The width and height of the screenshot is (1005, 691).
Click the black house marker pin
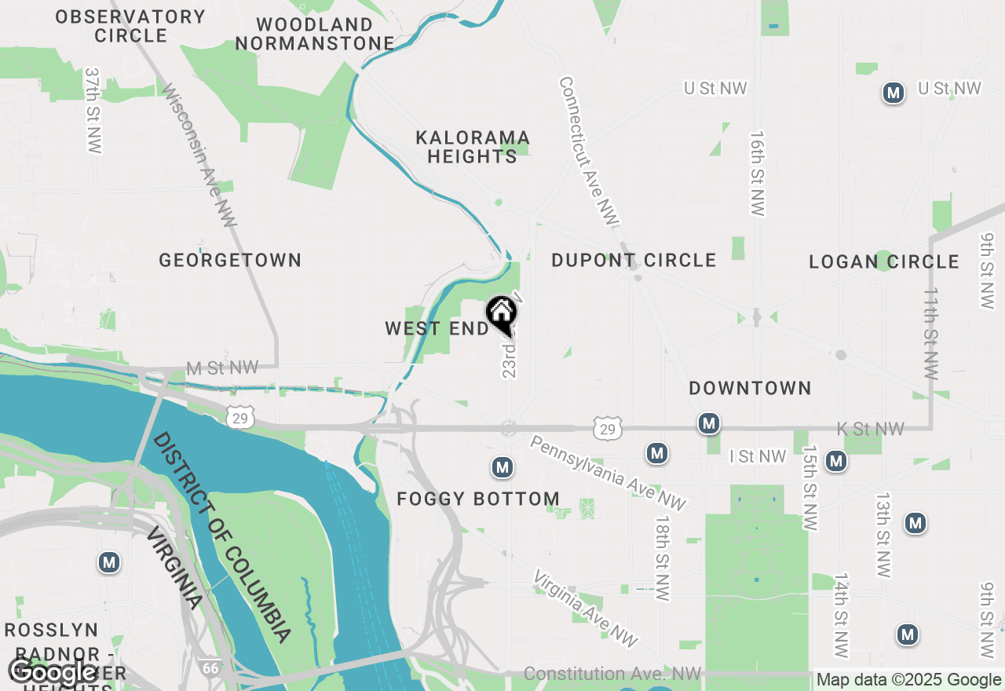click(501, 314)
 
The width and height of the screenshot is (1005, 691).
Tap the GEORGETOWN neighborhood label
click(230, 261)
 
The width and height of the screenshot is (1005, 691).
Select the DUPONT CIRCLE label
click(634, 261)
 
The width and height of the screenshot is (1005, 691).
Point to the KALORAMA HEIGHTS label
click(473, 148)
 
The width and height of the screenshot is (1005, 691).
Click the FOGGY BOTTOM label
click(478, 499)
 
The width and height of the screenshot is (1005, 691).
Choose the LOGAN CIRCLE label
click(884, 262)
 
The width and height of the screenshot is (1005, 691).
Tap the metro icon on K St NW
click(709, 424)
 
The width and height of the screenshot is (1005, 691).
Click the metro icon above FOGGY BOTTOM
click(502, 468)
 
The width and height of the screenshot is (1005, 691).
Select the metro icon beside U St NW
click(892, 93)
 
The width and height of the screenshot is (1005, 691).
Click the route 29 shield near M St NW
click(240, 419)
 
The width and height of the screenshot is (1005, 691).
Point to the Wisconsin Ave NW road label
click(199, 155)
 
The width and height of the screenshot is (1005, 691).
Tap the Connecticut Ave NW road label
click(589, 151)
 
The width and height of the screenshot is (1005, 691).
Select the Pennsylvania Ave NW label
click(608, 473)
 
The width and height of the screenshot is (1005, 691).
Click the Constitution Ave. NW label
click(612, 674)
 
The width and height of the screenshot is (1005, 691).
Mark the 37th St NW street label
click(94, 110)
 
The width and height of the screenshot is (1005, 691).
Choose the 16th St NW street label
click(757, 174)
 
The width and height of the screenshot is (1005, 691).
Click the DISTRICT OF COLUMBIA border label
click(222, 537)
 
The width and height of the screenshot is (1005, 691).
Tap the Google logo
click(52, 672)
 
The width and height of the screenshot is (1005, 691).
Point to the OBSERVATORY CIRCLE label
click(130, 26)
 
